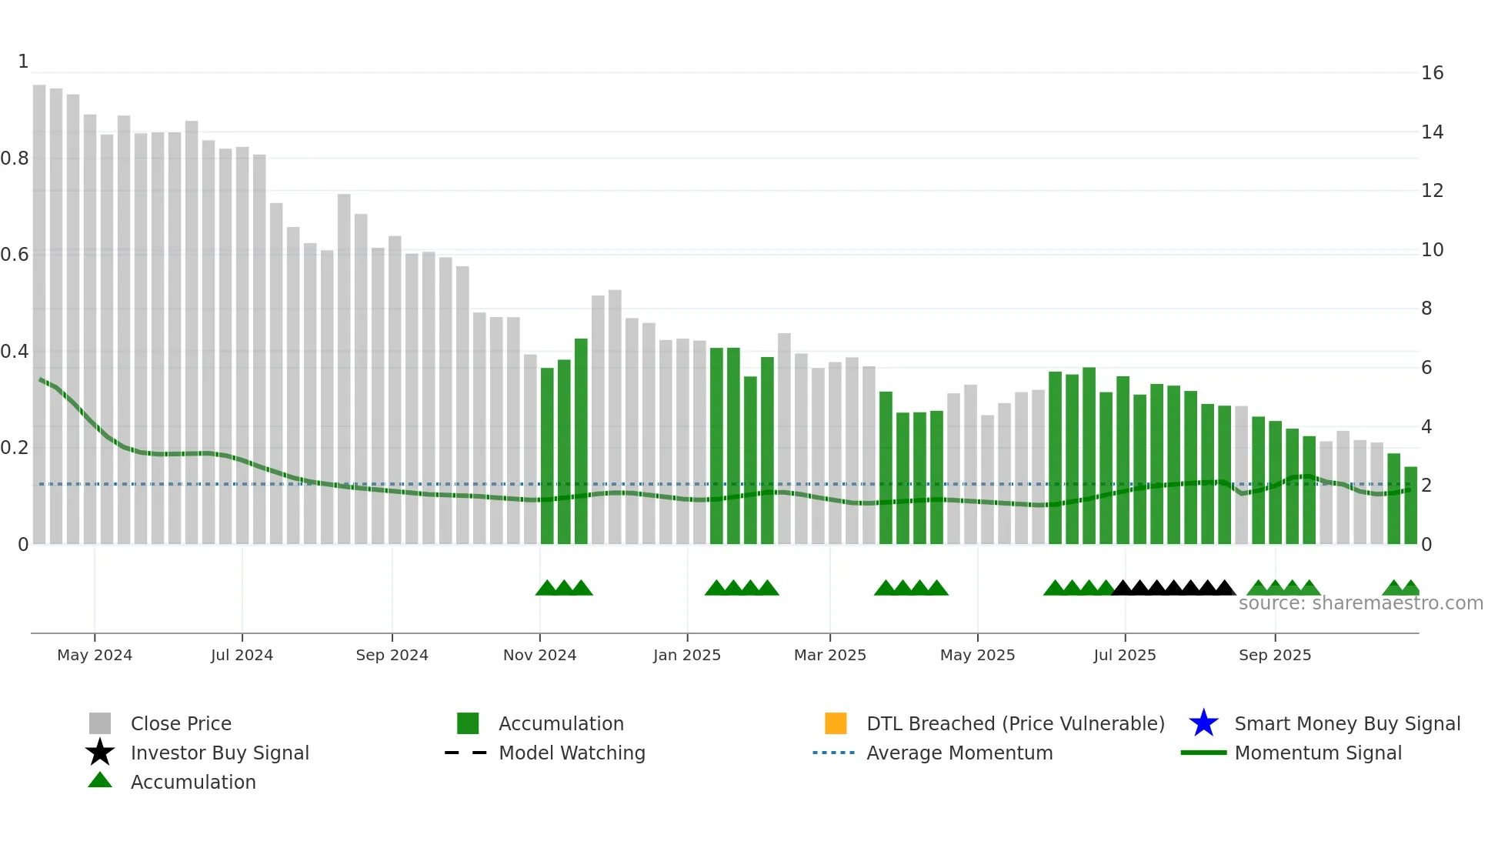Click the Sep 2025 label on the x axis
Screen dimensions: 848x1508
pos(1274,655)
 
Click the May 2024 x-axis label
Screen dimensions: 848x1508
pos(95,655)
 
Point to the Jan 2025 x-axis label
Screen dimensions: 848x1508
pos(686,655)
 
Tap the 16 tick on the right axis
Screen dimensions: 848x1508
pos(1432,73)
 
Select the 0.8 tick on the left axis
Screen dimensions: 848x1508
pos(15,159)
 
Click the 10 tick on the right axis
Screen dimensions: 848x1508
pos(1432,250)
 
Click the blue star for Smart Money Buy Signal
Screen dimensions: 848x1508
pos(1203,723)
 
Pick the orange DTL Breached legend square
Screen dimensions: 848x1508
pos(836,723)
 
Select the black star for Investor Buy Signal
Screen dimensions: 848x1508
pos(100,753)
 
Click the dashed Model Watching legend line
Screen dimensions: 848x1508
pos(466,753)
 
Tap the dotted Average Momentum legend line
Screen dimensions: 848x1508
pos(834,753)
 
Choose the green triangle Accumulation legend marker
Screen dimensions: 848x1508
pos(100,781)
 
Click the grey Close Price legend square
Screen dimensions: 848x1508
pos(100,723)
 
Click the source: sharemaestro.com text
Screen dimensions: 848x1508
pos(1360,603)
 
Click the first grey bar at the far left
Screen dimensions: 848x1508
pos(39,315)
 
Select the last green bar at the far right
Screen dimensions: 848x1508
pos(1410,506)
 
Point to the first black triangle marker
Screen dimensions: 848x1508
pos(1123,589)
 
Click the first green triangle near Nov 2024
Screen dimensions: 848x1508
pos(546,589)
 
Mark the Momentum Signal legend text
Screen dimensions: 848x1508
pos(1317,753)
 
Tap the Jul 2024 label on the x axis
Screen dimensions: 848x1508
pos(242,655)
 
